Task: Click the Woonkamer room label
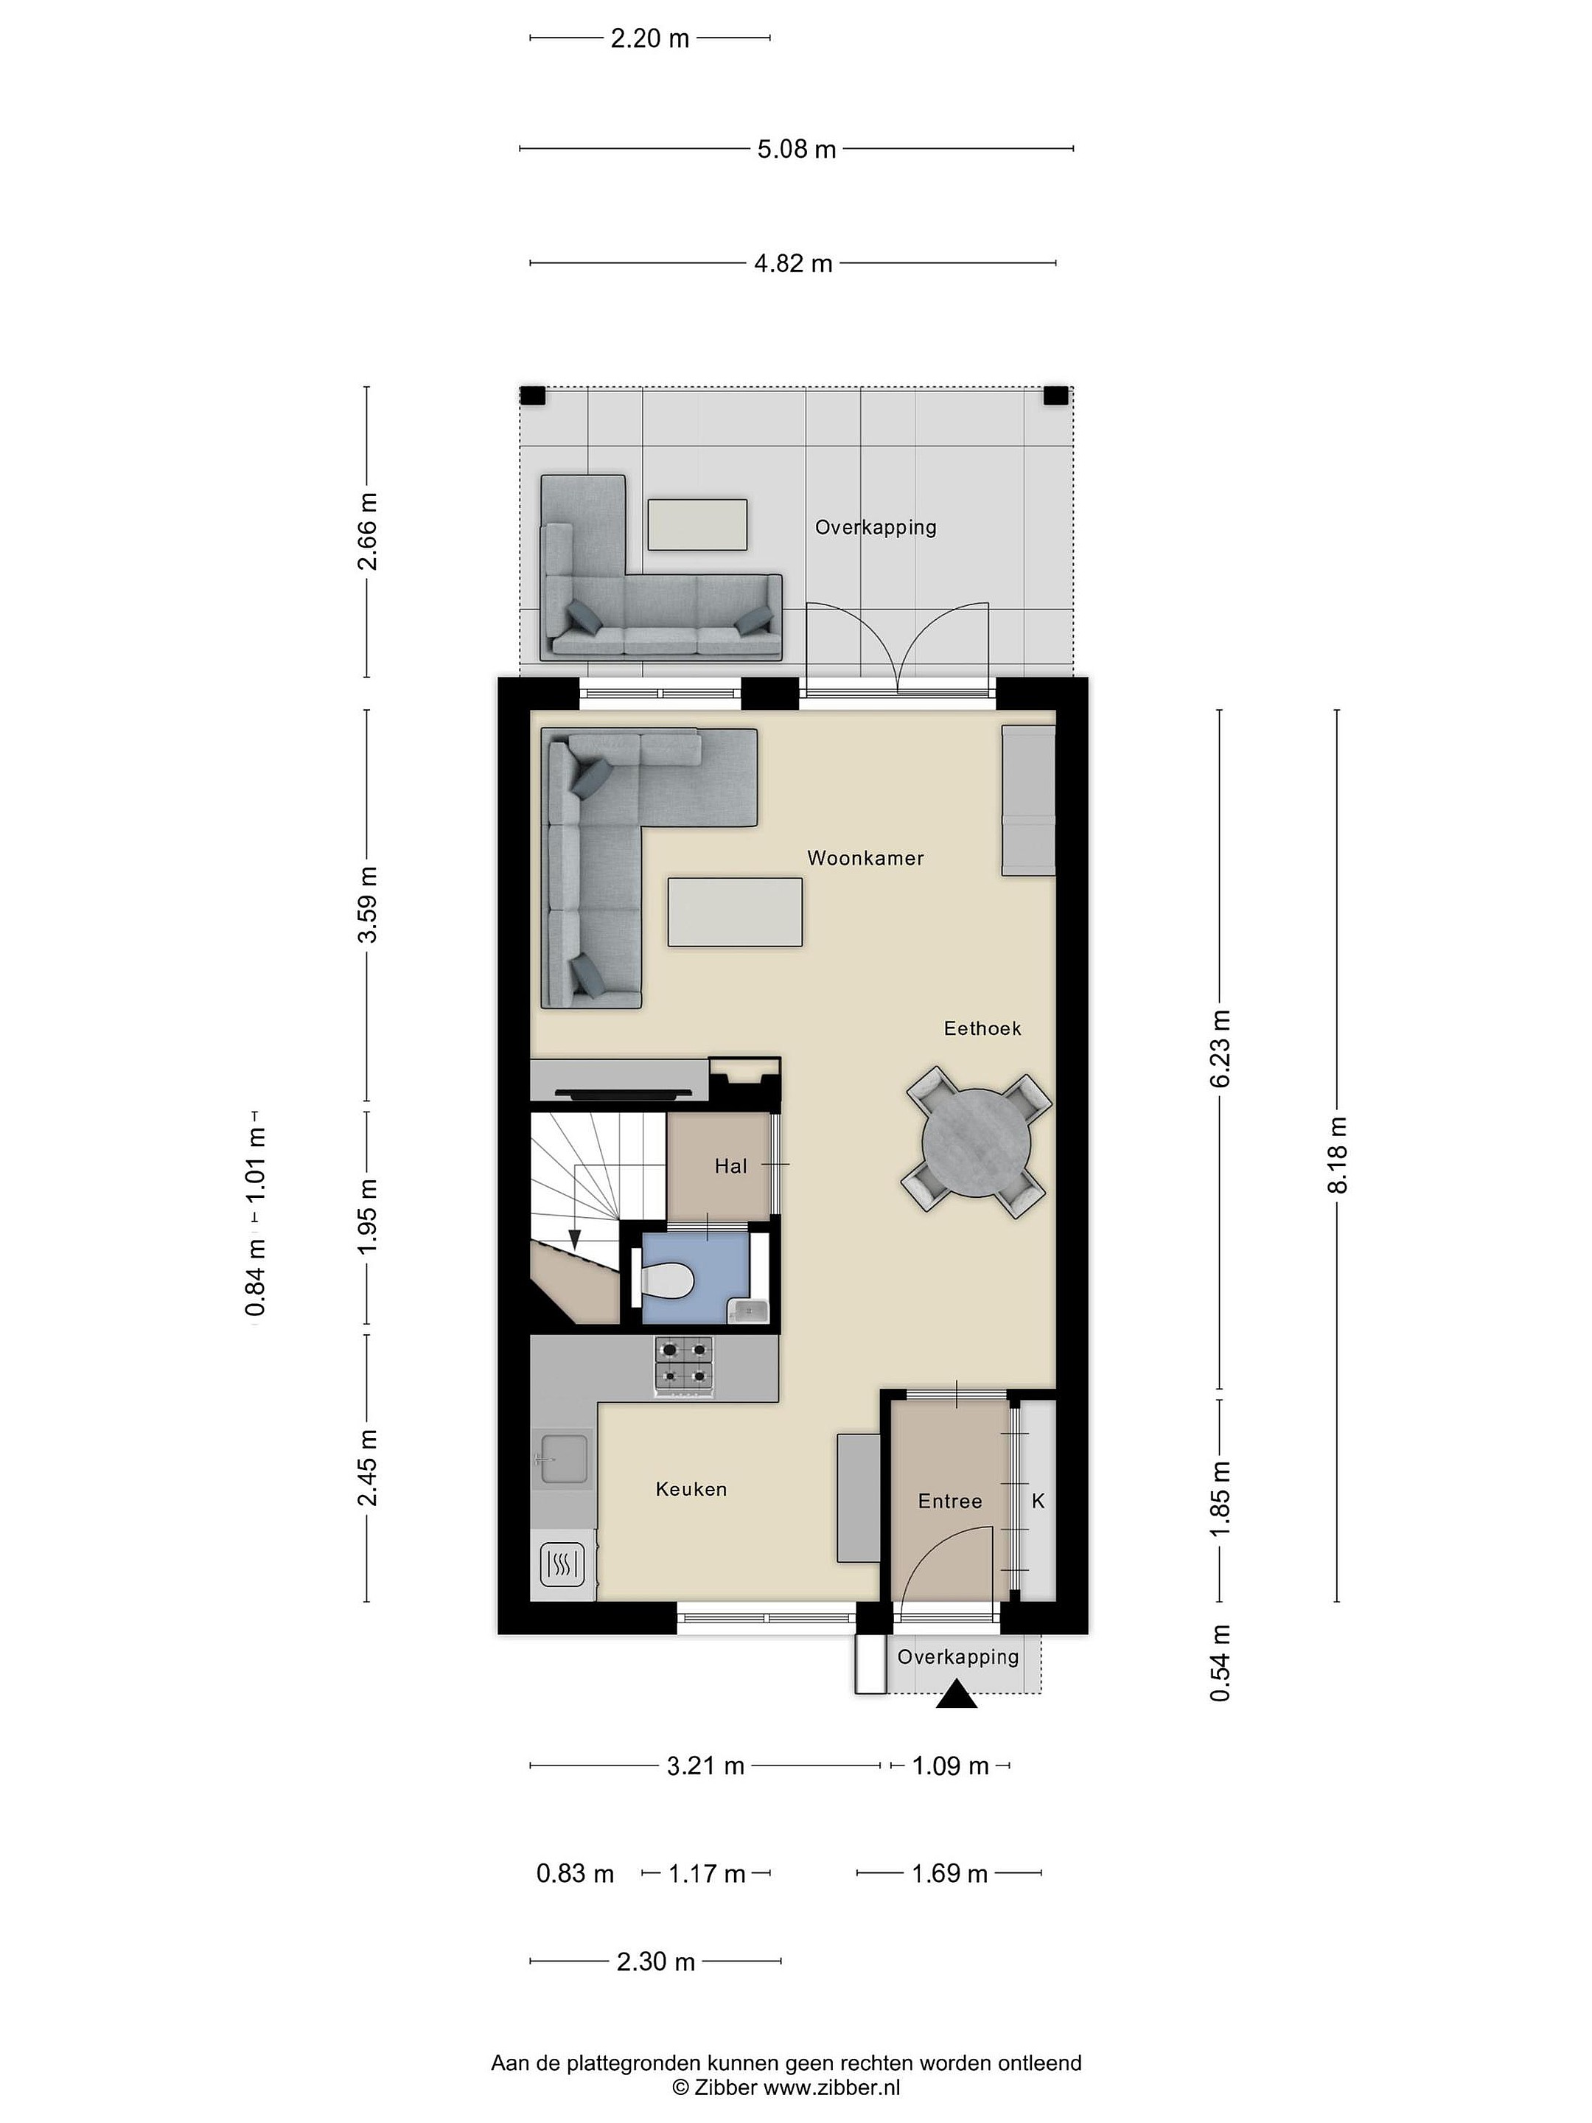[865, 858]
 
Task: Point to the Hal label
[730, 1166]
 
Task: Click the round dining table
[976, 1142]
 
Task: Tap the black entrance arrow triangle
[957, 1695]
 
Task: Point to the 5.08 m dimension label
[797, 149]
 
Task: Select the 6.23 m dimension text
[1220, 1048]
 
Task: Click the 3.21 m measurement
[705, 1766]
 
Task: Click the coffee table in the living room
[735, 912]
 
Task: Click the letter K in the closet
[1037, 1501]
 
